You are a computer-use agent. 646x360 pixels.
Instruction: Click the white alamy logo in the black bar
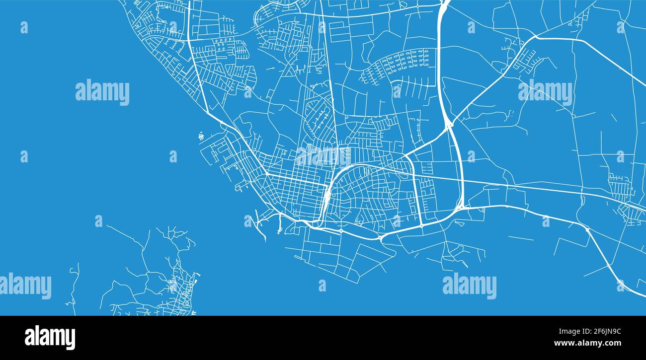pos(50,337)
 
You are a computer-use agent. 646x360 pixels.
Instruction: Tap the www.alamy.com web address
pos(586,343)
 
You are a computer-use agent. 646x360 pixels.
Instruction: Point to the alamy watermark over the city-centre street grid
pos(323,155)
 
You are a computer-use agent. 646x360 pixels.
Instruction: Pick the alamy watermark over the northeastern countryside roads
pos(545,92)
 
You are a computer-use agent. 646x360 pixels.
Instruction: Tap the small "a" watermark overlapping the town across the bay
pos(173,286)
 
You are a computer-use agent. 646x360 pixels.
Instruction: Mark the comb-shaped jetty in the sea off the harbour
pos(201,135)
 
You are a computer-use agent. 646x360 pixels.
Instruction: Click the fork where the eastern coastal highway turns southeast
pos(587,229)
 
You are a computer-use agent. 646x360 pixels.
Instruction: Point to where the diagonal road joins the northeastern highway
pos(536,37)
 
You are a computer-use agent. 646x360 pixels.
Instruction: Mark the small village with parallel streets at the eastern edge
pos(621,186)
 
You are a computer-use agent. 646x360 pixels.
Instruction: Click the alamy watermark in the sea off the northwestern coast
pos(102,92)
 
